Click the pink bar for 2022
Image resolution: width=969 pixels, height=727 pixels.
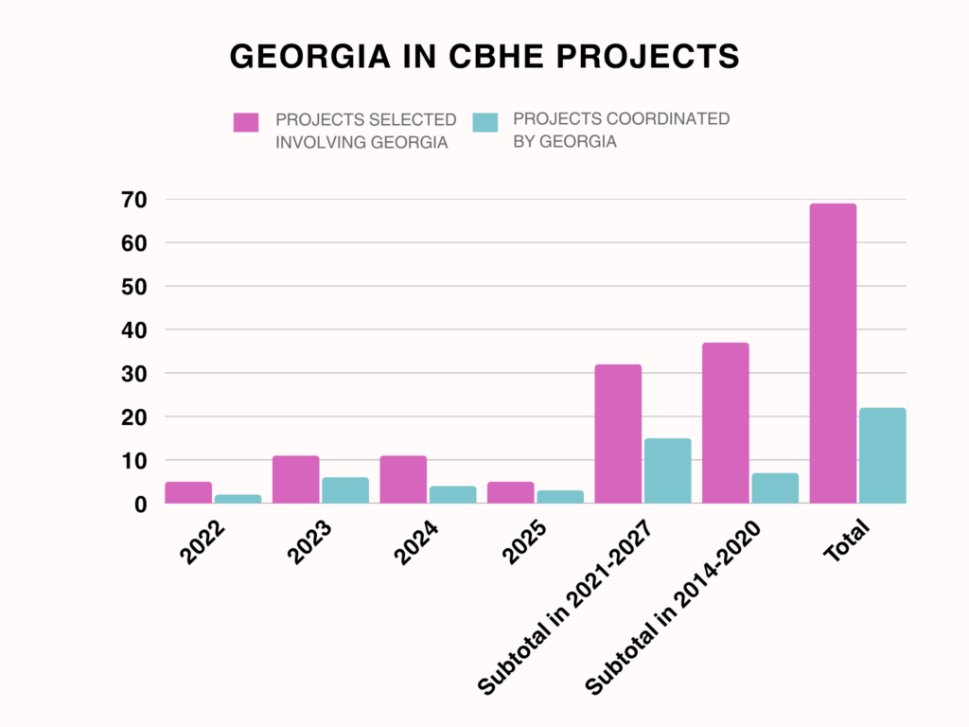[188, 492]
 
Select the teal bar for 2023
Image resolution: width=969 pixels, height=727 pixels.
[345, 490]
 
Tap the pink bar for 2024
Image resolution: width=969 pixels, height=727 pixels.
[403, 480]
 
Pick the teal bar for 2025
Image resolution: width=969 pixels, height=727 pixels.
[560, 497]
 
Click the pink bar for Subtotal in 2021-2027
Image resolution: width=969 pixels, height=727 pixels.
[618, 434]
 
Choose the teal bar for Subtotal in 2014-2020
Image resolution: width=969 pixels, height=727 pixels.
[775, 488]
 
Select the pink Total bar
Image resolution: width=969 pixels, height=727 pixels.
[833, 353]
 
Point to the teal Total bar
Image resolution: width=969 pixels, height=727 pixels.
[882, 455]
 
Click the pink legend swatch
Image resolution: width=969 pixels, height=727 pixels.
[246, 122]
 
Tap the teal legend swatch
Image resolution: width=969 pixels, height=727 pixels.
[485, 122]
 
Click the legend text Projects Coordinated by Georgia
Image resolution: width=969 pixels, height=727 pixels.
[621, 131]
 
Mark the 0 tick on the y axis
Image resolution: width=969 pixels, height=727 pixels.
[140, 505]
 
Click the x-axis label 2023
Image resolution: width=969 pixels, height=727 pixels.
[310, 542]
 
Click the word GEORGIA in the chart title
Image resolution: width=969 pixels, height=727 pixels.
[308, 57]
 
